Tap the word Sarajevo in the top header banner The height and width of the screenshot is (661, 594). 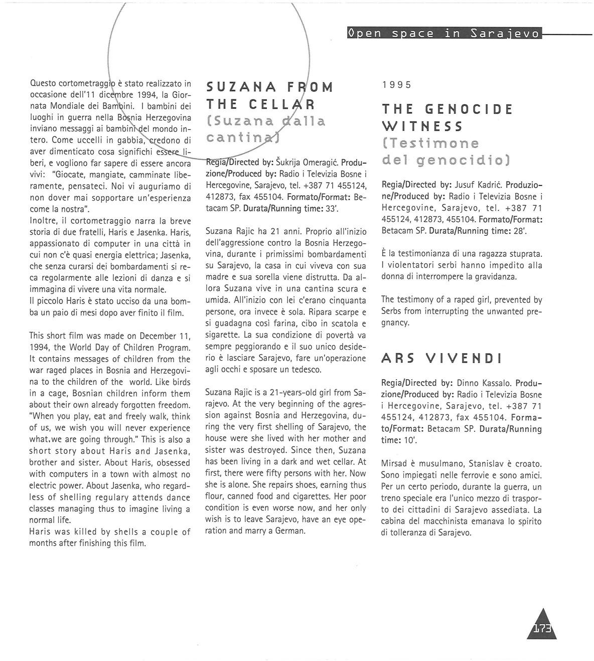coord(506,34)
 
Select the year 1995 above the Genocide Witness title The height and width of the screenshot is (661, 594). coord(396,85)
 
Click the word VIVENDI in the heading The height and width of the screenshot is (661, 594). coord(464,359)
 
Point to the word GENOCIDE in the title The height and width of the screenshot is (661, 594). coord(469,109)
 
